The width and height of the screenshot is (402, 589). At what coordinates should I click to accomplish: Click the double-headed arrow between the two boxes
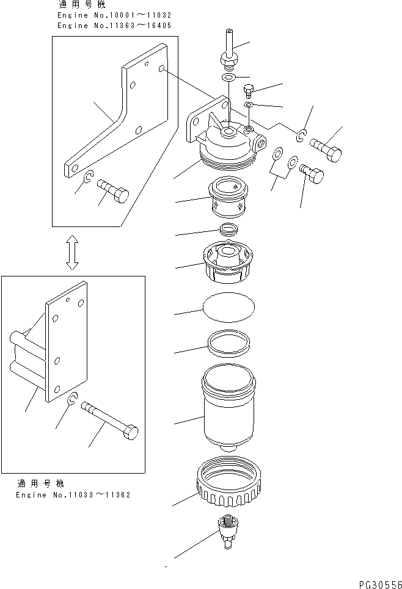pos(71,250)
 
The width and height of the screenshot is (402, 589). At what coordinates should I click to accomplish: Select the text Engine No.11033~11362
pos(73,494)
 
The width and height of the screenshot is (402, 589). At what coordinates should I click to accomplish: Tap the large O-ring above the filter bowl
pos(227,343)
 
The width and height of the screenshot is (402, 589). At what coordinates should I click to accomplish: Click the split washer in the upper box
pos(88,178)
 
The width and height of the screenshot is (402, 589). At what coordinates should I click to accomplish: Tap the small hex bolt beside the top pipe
pos(249,92)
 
